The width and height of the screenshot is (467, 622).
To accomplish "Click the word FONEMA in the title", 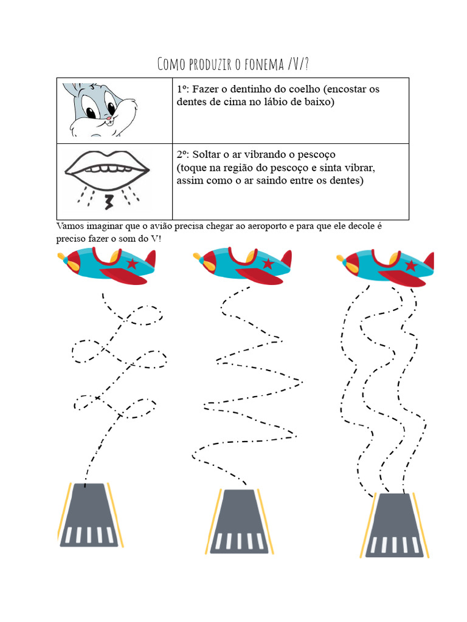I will [263, 64].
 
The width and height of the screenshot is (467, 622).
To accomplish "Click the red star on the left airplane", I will [131, 263].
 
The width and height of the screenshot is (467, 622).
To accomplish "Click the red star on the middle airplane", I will [268, 263].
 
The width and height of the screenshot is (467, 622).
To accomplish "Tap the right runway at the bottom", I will [395, 525].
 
